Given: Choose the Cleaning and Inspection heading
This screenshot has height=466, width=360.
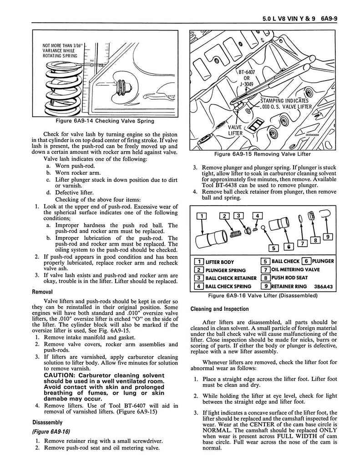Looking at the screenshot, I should click(219, 309).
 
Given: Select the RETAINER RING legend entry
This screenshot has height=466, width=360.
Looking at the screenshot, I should click(294, 286).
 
